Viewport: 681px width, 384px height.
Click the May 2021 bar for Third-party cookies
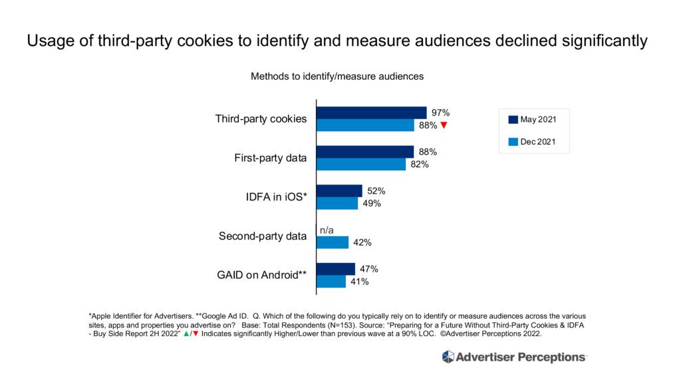[371, 112]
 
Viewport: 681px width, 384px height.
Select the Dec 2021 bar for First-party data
[360, 164]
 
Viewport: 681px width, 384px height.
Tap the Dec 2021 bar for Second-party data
[332, 242]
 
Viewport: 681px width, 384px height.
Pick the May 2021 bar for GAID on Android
[335, 269]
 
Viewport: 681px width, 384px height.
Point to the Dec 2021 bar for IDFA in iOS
[337, 204]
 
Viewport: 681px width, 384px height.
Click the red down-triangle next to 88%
[444, 126]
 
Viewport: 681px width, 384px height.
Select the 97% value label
[441, 112]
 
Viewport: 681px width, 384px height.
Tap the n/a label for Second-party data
[326, 230]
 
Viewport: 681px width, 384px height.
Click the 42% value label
[362, 242]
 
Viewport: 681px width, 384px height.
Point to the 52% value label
[376, 191]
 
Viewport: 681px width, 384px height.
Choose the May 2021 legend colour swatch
[513, 120]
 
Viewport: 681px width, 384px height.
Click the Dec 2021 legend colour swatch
[513, 142]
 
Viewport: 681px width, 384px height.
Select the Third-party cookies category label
[261, 119]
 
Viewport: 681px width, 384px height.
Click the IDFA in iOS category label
[274, 197]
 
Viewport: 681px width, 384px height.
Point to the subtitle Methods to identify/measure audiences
[337, 77]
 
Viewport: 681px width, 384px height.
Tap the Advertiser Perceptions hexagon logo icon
[448, 357]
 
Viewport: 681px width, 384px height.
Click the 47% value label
[369, 269]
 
